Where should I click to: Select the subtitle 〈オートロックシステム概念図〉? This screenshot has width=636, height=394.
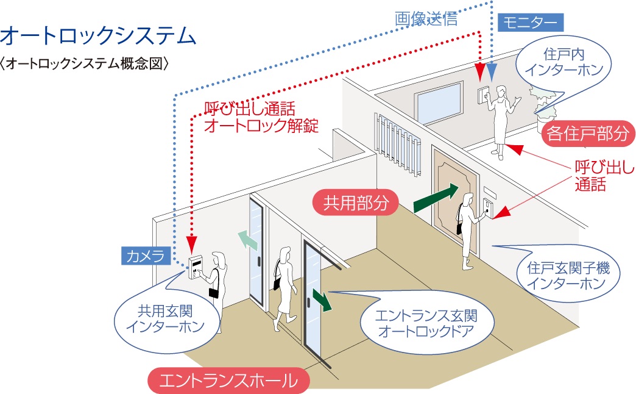(85, 63)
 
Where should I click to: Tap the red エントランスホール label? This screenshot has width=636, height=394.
(228, 381)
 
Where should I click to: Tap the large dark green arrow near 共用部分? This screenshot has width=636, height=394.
(434, 199)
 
